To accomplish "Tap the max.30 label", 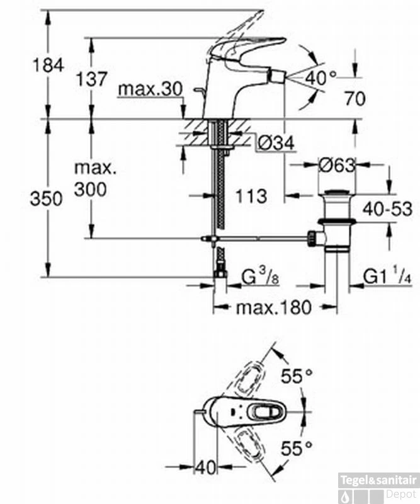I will (x=148, y=89).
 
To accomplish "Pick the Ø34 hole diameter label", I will (x=276, y=145).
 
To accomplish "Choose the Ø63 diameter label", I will (x=337, y=166).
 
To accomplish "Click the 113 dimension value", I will (x=253, y=196).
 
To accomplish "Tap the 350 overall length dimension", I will (x=47, y=199).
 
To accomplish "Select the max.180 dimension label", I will (x=273, y=307).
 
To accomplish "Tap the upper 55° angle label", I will (x=297, y=377).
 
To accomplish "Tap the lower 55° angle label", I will (x=297, y=449).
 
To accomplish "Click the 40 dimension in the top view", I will (x=205, y=467).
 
